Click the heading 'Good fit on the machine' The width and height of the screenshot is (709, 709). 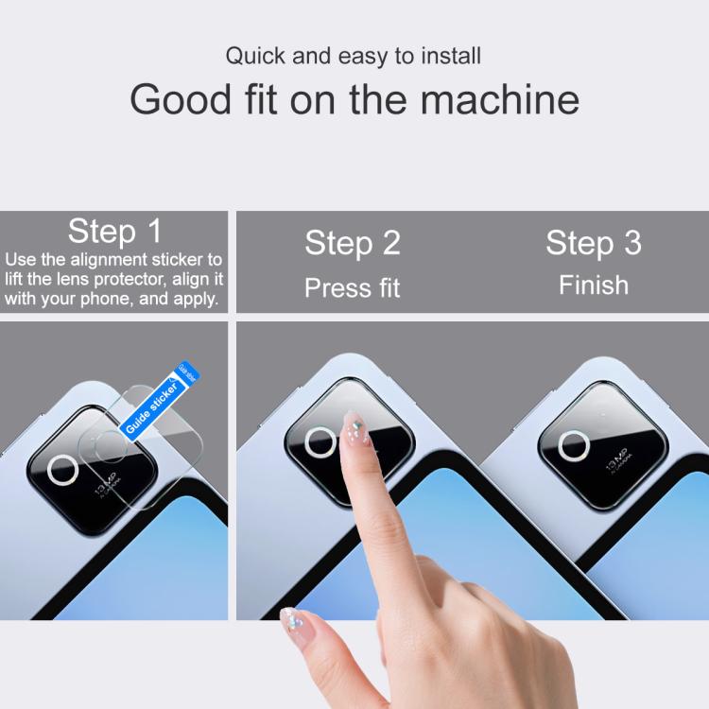tap(354, 99)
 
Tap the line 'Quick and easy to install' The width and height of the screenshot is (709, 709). tap(354, 56)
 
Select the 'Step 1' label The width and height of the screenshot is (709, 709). tap(114, 232)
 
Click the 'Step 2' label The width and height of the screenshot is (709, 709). tap(353, 244)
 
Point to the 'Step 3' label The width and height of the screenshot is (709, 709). tap(594, 244)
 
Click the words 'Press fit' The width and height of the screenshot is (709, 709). tap(353, 287)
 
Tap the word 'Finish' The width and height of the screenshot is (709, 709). tap(594, 285)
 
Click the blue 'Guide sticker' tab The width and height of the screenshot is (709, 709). tap(152, 407)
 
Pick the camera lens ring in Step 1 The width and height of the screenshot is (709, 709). tap(63, 469)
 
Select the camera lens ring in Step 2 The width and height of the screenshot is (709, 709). tap(320, 442)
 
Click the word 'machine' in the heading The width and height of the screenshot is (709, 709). tap(507, 99)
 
